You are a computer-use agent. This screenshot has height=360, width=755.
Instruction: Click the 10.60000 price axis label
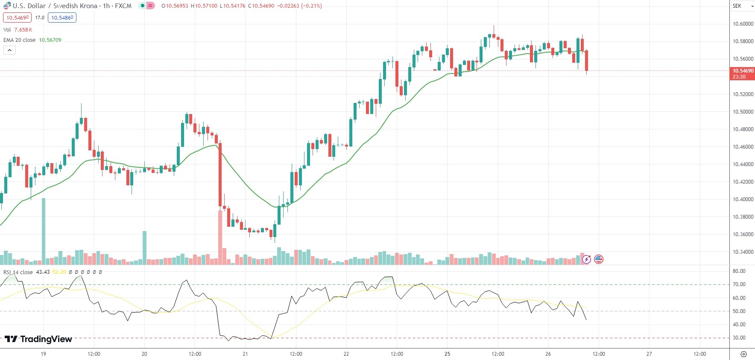(743, 24)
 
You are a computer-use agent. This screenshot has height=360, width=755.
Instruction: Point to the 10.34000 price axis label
(743, 252)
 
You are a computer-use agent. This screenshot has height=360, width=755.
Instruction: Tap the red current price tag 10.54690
(743, 71)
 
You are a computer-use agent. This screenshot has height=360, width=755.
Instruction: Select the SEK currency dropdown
(743, 6)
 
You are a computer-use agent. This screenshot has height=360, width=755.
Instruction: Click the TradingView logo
(38, 339)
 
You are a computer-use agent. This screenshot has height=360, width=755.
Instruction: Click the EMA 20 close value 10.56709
(50, 40)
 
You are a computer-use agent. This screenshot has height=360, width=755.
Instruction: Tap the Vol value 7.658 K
(23, 30)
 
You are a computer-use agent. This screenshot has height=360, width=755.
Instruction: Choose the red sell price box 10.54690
(17, 18)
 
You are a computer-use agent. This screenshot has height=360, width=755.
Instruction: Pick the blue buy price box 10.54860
(62, 18)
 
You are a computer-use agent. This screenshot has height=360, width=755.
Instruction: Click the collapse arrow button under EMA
(9, 50)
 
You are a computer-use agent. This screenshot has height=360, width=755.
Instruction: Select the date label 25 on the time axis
(447, 354)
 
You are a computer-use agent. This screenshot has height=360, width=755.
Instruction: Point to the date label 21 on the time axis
(245, 354)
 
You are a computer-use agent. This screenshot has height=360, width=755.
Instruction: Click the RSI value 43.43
(43, 272)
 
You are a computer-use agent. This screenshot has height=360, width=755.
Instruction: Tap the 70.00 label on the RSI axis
(739, 284)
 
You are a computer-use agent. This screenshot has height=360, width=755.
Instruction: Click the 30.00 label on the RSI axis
(739, 338)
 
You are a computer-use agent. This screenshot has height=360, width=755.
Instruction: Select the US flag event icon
(599, 259)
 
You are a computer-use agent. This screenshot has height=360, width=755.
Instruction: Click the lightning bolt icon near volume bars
(586, 259)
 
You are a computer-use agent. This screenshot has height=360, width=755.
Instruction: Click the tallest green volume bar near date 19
(44, 231)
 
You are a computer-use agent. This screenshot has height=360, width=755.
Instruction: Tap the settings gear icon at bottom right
(743, 354)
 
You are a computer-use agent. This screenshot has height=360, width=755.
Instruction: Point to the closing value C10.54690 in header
(261, 6)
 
